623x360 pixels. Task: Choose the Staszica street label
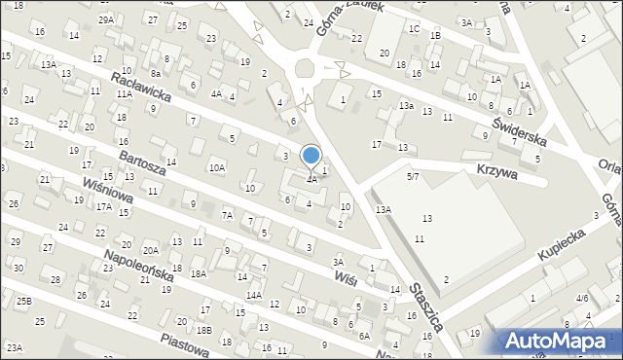(425, 306)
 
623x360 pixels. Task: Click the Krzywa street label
(496, 170)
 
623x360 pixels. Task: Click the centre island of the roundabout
(307, 70)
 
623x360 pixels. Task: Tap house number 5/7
(414, 176)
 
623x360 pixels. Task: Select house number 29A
(105, 19)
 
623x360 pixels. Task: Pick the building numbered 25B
(23, 302)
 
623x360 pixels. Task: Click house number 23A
(14, 347)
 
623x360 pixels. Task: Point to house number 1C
(414, 29)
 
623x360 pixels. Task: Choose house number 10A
(217, 167)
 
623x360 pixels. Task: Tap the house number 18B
(202, 330)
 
